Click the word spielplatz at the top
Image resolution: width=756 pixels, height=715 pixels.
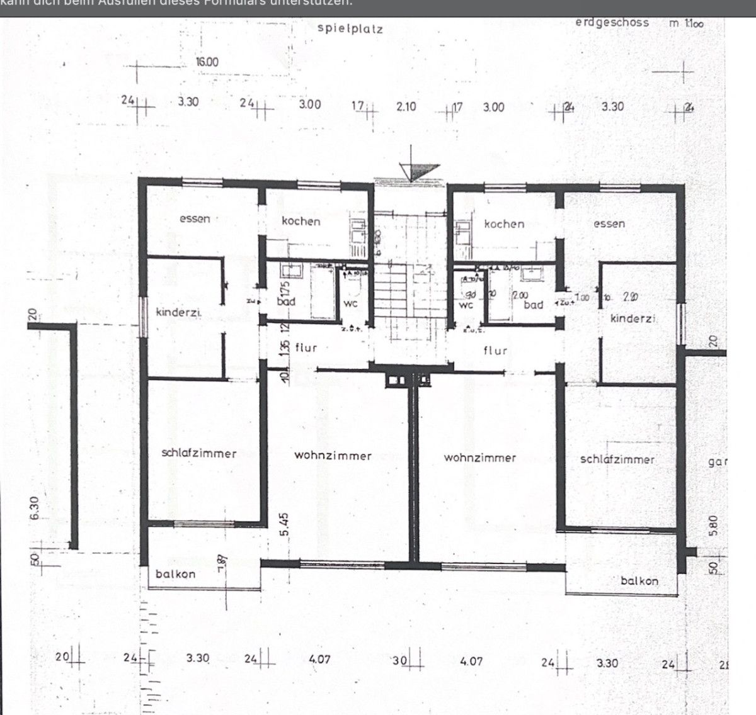(350, 28)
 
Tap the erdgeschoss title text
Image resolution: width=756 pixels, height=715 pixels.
(612, 22)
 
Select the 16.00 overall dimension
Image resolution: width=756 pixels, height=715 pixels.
(207, 62)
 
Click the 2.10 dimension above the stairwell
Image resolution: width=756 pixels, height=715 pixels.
(406, 106)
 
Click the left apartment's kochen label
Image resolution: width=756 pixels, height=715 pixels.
(301, 221)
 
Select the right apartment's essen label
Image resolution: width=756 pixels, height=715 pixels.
(609, 223)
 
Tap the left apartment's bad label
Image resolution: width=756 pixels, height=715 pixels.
(286, 301)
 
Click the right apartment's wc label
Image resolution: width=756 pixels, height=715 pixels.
(466, 305)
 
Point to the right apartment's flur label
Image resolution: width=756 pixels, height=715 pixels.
(495, 351)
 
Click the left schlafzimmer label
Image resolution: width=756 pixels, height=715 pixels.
(199, 453)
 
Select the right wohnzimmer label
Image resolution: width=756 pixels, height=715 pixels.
(479, 458)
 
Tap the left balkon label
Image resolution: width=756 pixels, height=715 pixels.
(176, 574)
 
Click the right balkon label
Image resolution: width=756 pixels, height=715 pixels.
(639, 581)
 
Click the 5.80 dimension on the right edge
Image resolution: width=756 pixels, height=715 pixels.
(713, 526)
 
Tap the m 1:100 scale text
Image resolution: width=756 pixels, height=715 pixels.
(686, 23)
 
